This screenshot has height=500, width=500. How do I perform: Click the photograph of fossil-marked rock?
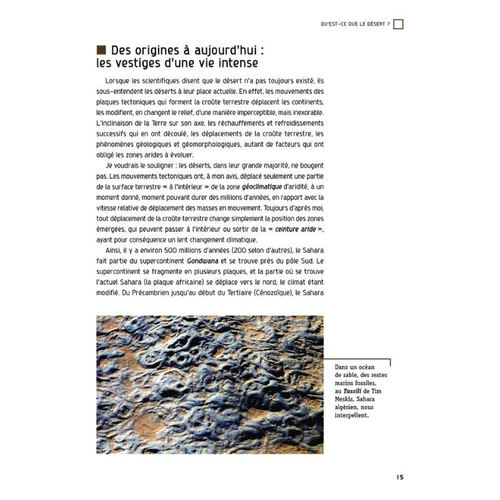coord(209,384)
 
